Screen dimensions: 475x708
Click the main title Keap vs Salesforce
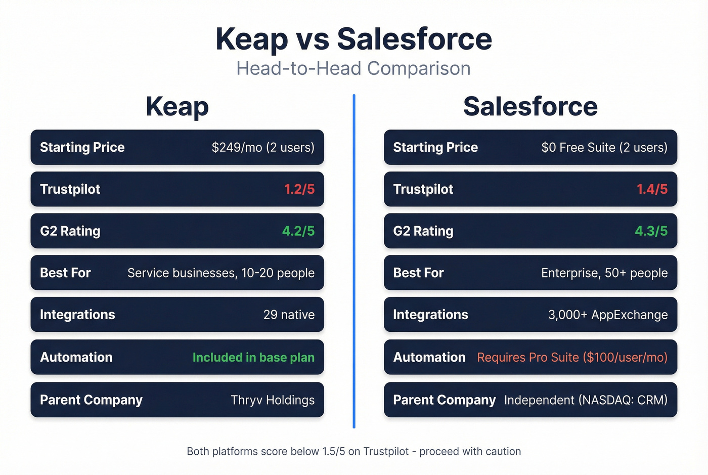(x=353, y=39)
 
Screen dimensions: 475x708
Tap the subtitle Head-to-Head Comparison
(x=353, y=68)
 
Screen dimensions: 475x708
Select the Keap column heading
(x=177, y=107)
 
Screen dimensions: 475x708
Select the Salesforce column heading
(x=530, y=107)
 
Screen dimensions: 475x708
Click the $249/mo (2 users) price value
(x=263, y=147)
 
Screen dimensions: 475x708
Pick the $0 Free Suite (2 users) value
(x=604, y=147)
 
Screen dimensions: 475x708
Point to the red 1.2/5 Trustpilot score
(x=299, y=189)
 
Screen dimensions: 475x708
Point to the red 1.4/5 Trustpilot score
(x=652, y=189)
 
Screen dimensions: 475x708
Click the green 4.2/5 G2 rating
(x=298, y=231)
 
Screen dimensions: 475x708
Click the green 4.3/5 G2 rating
(x=651, y=231)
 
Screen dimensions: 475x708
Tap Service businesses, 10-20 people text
(x=221, y=273)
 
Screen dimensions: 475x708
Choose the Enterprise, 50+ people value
(x=604, y=273)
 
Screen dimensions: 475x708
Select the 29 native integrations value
(x=289, y=315)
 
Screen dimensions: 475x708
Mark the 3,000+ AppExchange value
(x=608, y=315)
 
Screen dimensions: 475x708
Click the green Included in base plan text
(x=253, y=357)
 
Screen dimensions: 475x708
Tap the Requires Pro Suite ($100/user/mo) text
(x=572, y=357)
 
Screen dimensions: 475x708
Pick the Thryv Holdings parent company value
(x=273, y=400)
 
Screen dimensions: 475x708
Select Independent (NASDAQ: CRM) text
(x=586, y=400)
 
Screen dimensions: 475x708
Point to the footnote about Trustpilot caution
(x=353, y=451)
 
